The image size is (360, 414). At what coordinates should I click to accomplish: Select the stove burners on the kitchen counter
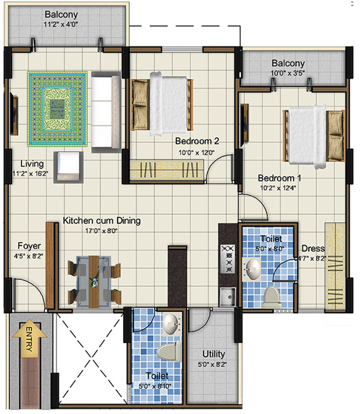[227, 259]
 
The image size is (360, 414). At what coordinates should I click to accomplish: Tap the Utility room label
[213, 354]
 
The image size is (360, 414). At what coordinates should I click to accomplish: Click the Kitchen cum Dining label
[102, 220]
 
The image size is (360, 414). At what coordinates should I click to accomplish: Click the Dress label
[313, 248]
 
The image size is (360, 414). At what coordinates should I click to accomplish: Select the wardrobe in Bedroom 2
[169, 169]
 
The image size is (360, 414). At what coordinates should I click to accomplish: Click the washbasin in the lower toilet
[171, 324]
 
